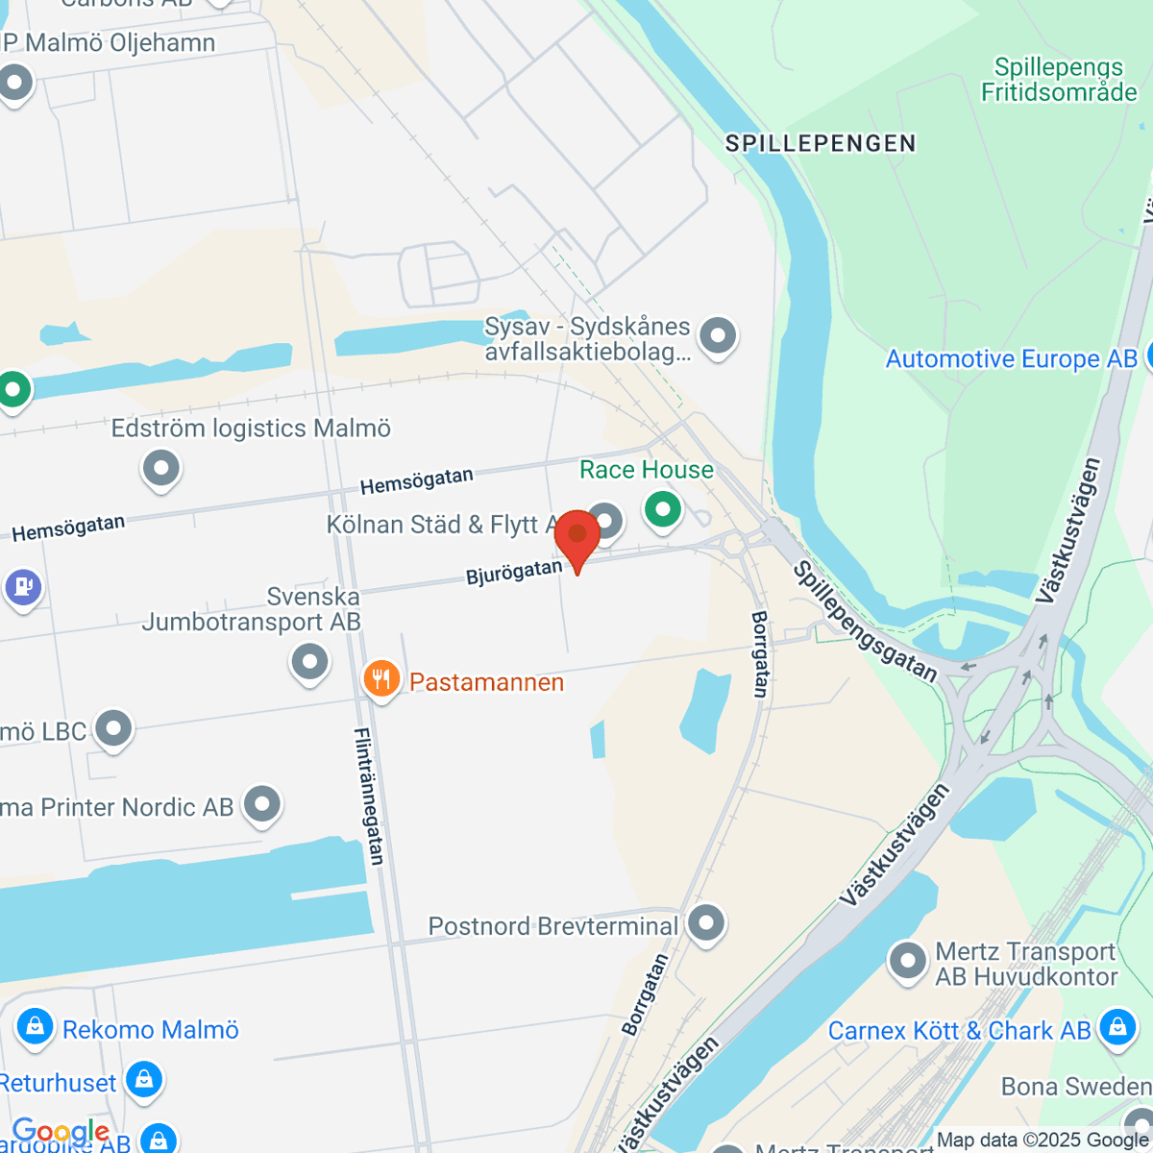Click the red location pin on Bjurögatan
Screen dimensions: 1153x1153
tap(577, 535)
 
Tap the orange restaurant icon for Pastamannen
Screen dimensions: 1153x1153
tap(381, 679)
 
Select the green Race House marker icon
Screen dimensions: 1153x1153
tap(662, 509)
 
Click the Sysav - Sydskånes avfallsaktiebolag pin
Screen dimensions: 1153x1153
tap(717, 335)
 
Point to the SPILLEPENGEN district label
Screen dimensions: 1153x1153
tap(821, 144)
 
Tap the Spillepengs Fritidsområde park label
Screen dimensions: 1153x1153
tap(1058, 80)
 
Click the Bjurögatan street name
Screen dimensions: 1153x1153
tap(514, 573)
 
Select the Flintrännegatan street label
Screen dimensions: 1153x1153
tap(370, 797)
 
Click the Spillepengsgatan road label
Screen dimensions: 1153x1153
tap(864, 622)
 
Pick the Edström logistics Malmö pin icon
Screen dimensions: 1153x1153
tap(160, 469)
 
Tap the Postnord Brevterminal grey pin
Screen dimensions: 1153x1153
tap(706, 923)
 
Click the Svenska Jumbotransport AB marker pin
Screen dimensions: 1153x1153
tap(309, 661)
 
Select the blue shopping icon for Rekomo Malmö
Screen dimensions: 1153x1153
tap(36, 1027)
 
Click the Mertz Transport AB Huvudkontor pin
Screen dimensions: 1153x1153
tap(907, 961)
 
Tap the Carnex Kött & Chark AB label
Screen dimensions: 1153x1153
tap(959, 1031)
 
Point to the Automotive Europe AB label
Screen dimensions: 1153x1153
tap(1011, 359)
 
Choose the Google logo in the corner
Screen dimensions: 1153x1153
tap(60, 1131)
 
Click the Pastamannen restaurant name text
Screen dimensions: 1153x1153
tap(486, 682)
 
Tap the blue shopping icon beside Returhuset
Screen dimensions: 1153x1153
tap(143, 1080)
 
